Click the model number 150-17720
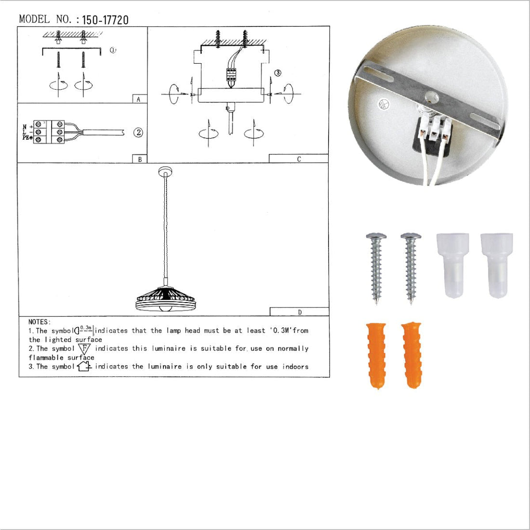click(105, 20)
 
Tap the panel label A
click(139, 99)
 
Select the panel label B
click(140, 159)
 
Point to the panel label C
click(299, 159)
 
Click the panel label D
click(300, 312)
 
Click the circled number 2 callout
click(139, 132)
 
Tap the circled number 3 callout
click(278, 73)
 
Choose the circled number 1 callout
click(113, 50)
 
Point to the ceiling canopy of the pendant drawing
click(165, 171)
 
